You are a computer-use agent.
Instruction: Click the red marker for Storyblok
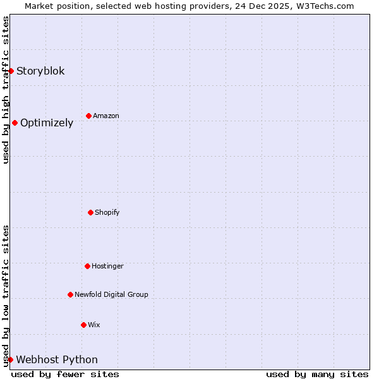click(11, 71)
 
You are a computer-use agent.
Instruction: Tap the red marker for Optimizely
click(15, 123)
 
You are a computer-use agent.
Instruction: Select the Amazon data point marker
click(88, 116)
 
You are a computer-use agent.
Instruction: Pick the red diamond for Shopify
click(90, 212)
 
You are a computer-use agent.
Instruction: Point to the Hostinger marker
click(87, 266)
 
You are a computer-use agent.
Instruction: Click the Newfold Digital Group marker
click(70, 294)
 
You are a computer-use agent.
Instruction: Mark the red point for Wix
click(83, 325)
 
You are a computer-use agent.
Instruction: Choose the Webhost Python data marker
click(10, 359)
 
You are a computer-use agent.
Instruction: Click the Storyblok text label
click(40, 71)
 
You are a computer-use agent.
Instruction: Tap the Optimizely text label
click(47, 123)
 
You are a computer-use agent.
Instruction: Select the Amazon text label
click(106, 116)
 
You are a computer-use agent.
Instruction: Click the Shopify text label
click(107, 212)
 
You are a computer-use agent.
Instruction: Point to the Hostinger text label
click(107, 266)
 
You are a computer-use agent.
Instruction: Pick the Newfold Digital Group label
click(111, 294)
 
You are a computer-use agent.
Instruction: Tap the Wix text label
click(94, 325)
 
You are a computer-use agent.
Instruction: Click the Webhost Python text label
click(57, 359)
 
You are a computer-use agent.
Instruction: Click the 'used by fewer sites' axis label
click(65, 374)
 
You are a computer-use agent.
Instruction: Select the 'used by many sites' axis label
click(317, 374)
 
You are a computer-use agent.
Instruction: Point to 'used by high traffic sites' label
click(6, 90)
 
